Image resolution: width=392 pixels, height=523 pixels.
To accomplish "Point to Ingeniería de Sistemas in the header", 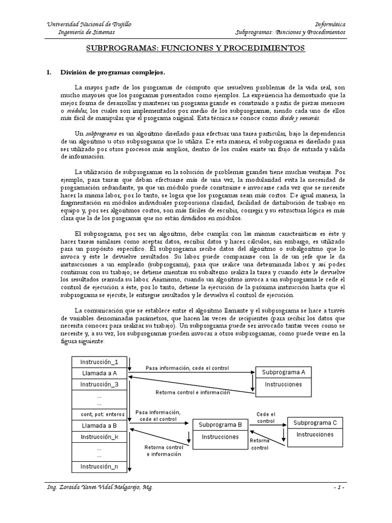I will tap(87, 32).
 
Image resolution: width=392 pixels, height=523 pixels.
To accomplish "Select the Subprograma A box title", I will tap(283, 372).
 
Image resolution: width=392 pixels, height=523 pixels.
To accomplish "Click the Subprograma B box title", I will tap(220, 424).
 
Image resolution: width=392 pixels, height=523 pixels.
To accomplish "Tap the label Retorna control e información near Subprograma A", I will tap(192, 392).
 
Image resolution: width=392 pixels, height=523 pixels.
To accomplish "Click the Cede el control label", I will tap(266, 417).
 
